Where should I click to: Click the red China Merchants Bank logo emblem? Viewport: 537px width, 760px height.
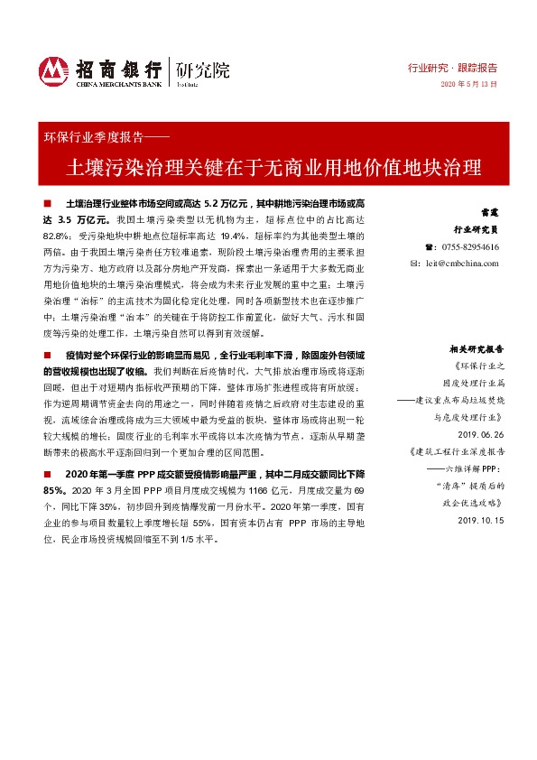coord(54,70)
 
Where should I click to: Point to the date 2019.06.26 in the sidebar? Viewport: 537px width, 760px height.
coord(479,433)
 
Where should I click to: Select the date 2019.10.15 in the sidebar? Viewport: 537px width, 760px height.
coord(479,521)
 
